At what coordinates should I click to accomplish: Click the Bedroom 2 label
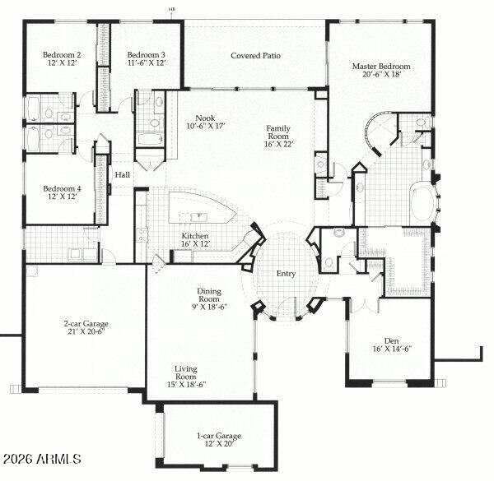(x=62, y=55)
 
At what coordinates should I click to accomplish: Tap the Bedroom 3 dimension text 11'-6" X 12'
(x=147, y=63)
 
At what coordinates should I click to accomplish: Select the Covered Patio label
(x=255, y=56)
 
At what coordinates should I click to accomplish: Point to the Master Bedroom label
(x=381, y=67)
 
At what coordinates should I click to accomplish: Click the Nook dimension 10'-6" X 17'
(x=206, y=126)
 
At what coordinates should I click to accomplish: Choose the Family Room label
(x=278, y=132)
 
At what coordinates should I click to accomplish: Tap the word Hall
(x=122, y=175)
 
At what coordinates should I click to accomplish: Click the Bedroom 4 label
(x=62, y=189)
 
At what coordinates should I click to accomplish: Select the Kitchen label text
(x=194, y=236)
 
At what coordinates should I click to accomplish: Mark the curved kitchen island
(x=198, y=208)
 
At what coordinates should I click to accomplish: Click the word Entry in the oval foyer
(x=286, y=274)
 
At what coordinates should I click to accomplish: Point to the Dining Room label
(x=209, y=295)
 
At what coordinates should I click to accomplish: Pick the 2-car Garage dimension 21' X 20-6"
(x=86, y=331)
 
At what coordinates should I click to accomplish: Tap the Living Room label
(x=186, y=372)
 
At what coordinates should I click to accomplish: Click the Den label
(x=392, y=341)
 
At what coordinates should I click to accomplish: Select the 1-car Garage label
(x=219, y=436)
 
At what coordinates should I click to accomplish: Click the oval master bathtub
(x=423, y=203)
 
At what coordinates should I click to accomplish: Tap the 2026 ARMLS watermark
(x=43, y=459)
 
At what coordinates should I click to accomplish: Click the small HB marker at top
(x=172, y=9)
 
